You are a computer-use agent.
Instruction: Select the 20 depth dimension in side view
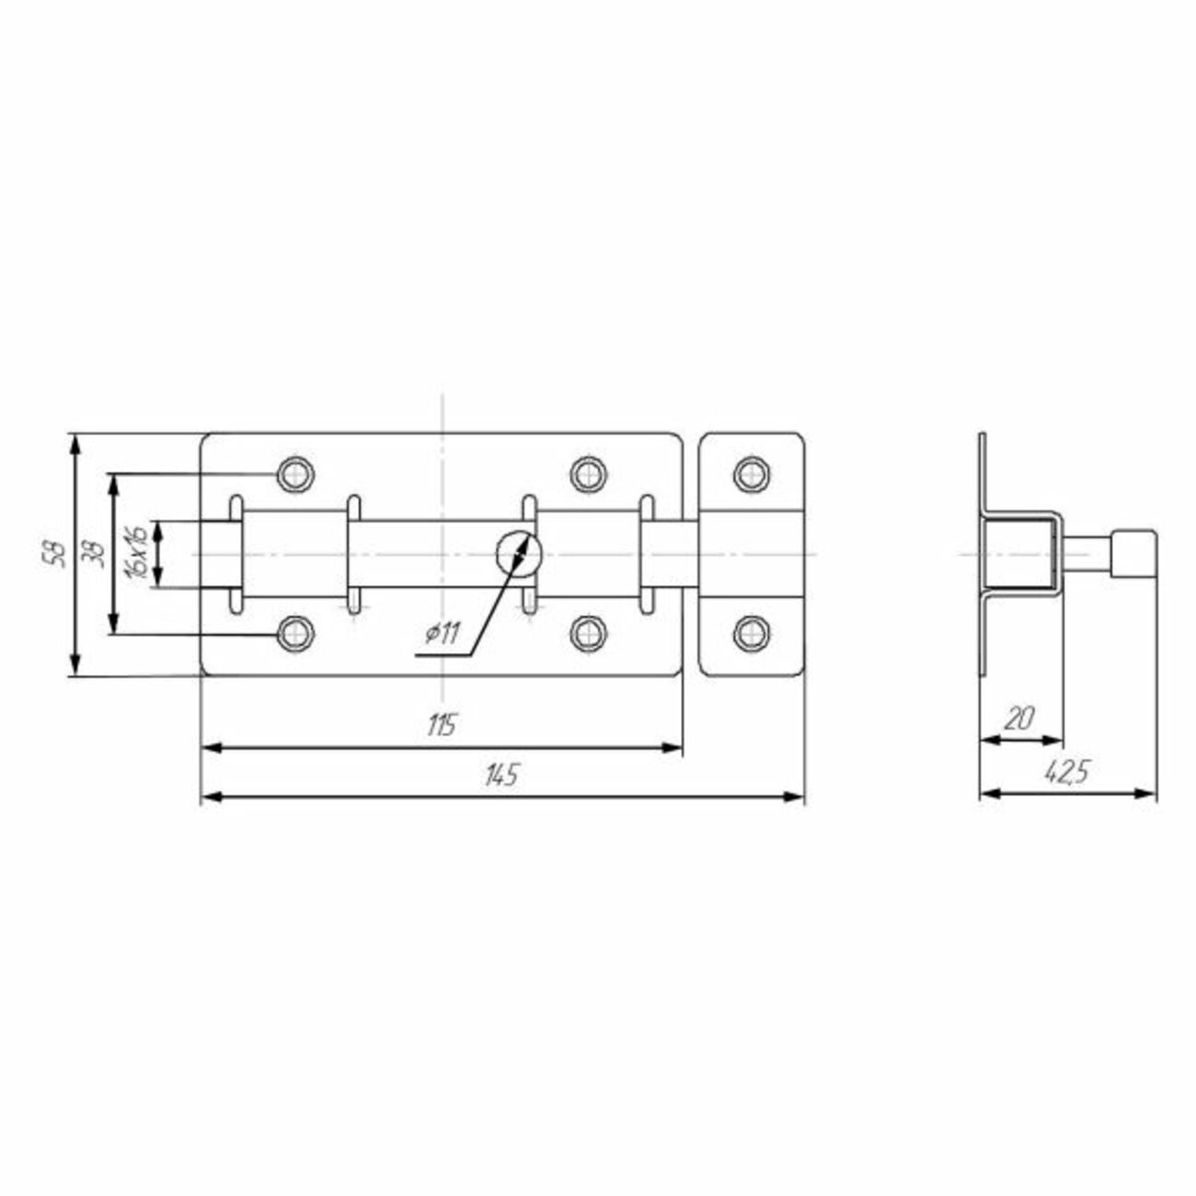1018,719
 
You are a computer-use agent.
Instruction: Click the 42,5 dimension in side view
1067,773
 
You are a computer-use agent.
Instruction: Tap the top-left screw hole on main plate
295,475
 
